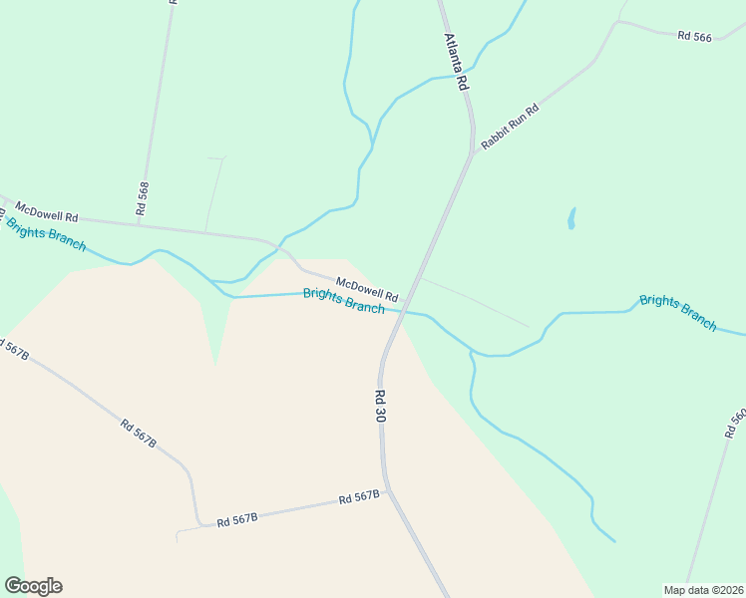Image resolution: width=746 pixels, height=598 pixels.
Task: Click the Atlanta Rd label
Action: tap(456, 63)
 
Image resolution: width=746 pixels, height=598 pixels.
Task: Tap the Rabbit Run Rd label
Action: tap(509, 127)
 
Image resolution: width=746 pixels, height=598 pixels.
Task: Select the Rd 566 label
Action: tap(694, 36)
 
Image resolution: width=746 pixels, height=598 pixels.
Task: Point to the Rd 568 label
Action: tap(143, 199)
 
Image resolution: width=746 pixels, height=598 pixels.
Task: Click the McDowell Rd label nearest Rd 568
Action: tap(46, 211)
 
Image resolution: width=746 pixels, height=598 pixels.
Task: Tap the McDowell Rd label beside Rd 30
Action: tap(367, 290)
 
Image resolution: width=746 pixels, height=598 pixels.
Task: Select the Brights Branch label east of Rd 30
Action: tap(678, 312)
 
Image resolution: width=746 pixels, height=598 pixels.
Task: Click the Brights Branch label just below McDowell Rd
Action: tap(343, 301)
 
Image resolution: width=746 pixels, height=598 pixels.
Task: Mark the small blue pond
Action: tap(571, 218)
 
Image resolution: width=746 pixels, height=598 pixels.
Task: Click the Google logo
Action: tap(33, 586)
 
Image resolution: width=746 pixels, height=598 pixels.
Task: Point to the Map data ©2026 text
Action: tap(703, 590)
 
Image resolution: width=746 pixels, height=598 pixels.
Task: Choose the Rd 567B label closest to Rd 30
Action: tap(359, 496)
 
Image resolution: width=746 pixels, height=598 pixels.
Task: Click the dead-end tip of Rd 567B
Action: tap(177, 538)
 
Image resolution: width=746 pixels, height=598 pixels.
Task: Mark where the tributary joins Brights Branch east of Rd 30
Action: tap(473, 353)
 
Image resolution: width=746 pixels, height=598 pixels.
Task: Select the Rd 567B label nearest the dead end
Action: tap(237, 518)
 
